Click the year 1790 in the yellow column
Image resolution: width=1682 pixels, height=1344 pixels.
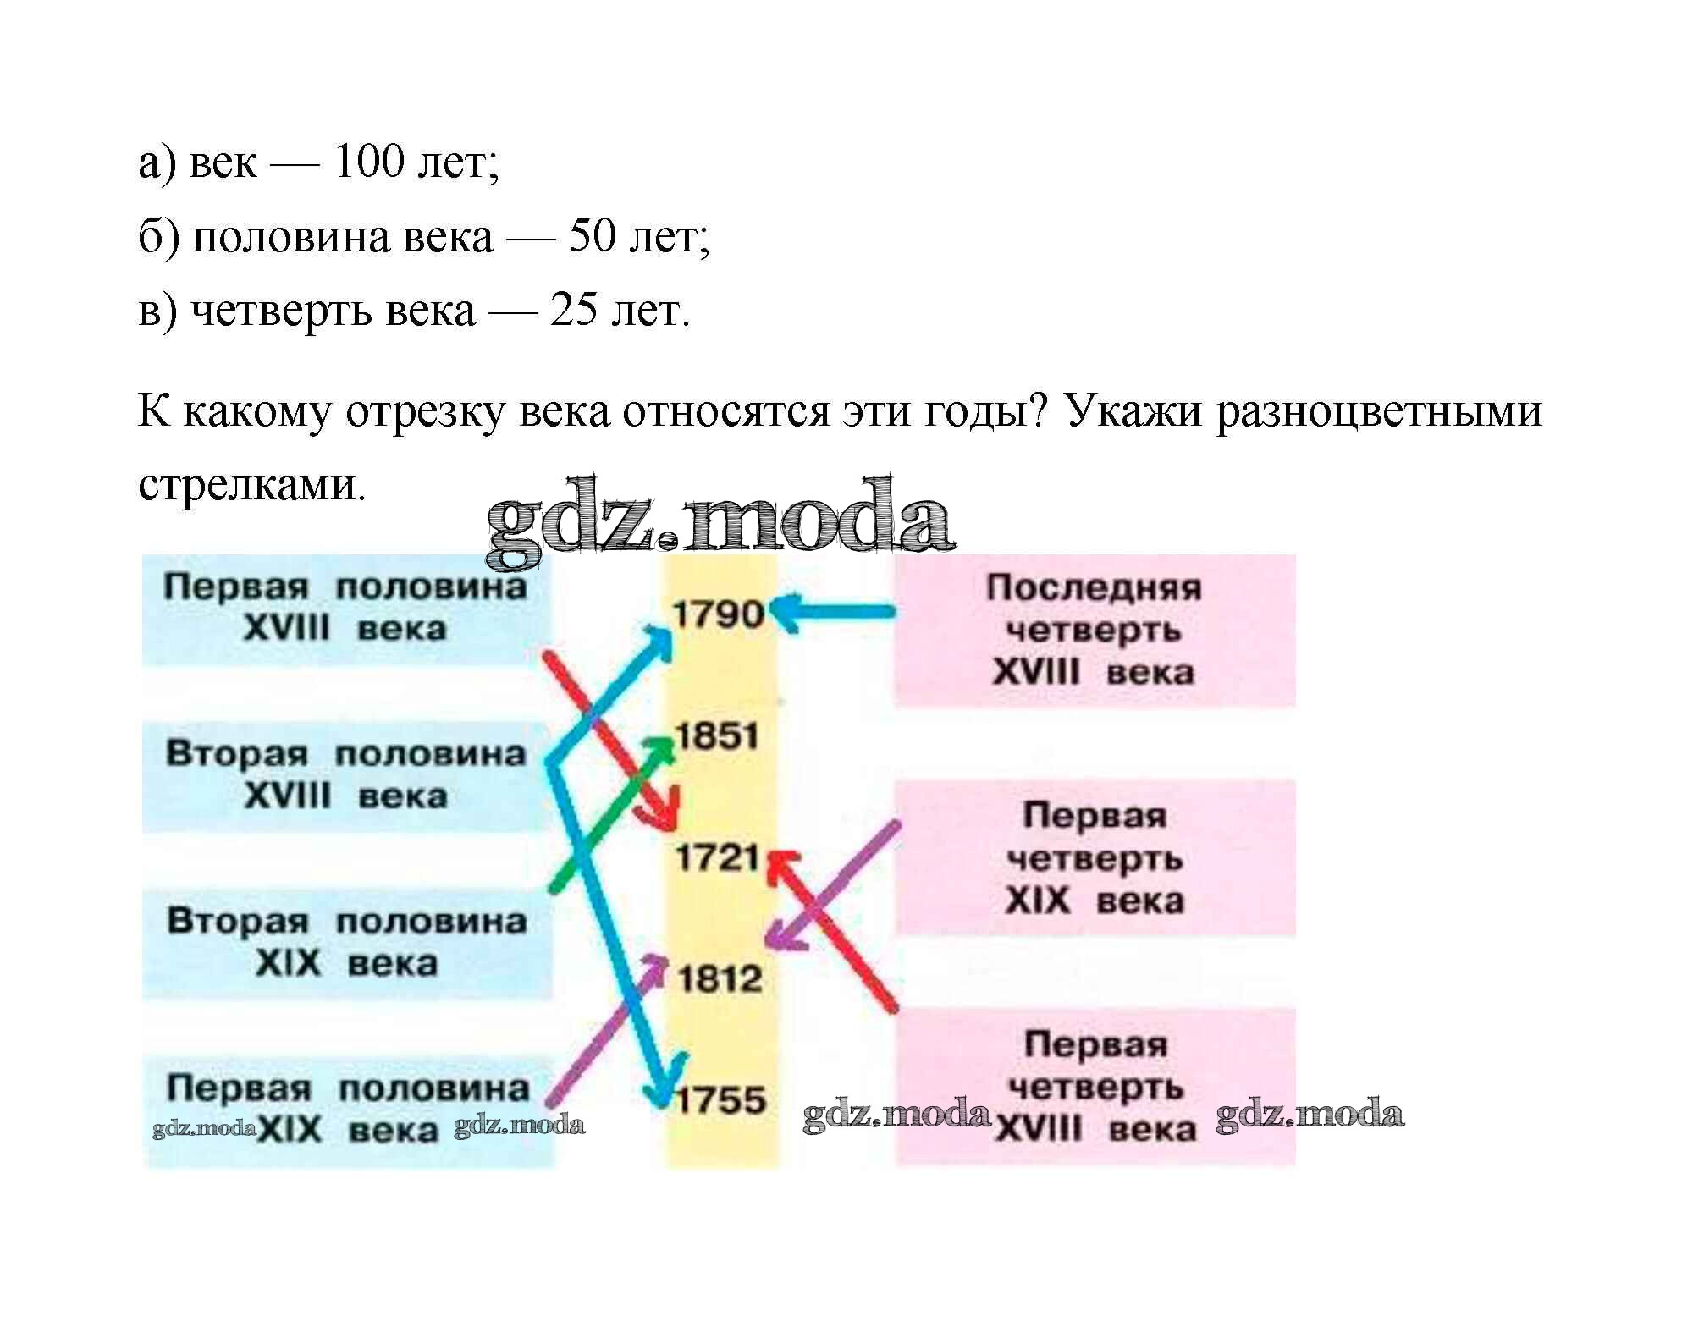click(x=717, y=614)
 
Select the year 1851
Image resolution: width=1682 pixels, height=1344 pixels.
click(x=717, y=735)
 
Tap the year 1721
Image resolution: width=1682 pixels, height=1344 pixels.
click(x=717, y=858)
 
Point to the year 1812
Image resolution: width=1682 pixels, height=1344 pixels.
click(x=719, y=979)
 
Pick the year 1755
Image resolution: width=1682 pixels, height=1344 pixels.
click(x=721, y=1100)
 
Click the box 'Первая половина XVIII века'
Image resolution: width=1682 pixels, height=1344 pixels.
click(x=345, y=609)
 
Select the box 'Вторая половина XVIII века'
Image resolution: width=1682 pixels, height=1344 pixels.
click(x=345, y=774)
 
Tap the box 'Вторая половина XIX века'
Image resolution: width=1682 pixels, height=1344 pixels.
click(x=346, y=942)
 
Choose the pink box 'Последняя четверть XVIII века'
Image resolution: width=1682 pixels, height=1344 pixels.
click(x=1094, y=631)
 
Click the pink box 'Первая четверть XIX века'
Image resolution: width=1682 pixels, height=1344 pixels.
click(x=1094, y=857)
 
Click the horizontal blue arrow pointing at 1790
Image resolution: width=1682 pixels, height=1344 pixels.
click(x=834, y=611)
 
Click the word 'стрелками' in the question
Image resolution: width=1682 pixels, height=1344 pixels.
click(x=251, y=485)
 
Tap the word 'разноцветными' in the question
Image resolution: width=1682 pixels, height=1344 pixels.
click(x=1379, y=411)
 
